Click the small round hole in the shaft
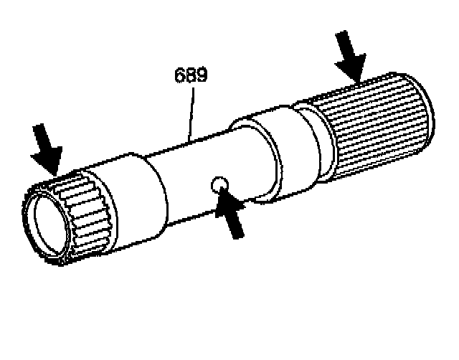[219, 186]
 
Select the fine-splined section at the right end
[377, 133]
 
